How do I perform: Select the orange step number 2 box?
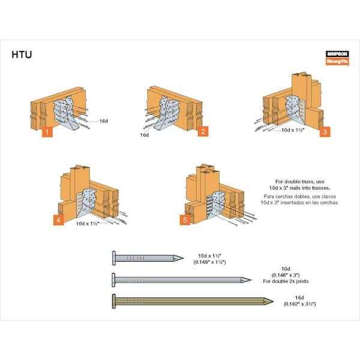click(203, 131)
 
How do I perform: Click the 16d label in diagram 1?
click(103, 121)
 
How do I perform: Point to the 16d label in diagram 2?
click(144, 135)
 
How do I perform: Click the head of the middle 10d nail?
click(115, 279)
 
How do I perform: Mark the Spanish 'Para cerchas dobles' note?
click(296, 199)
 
